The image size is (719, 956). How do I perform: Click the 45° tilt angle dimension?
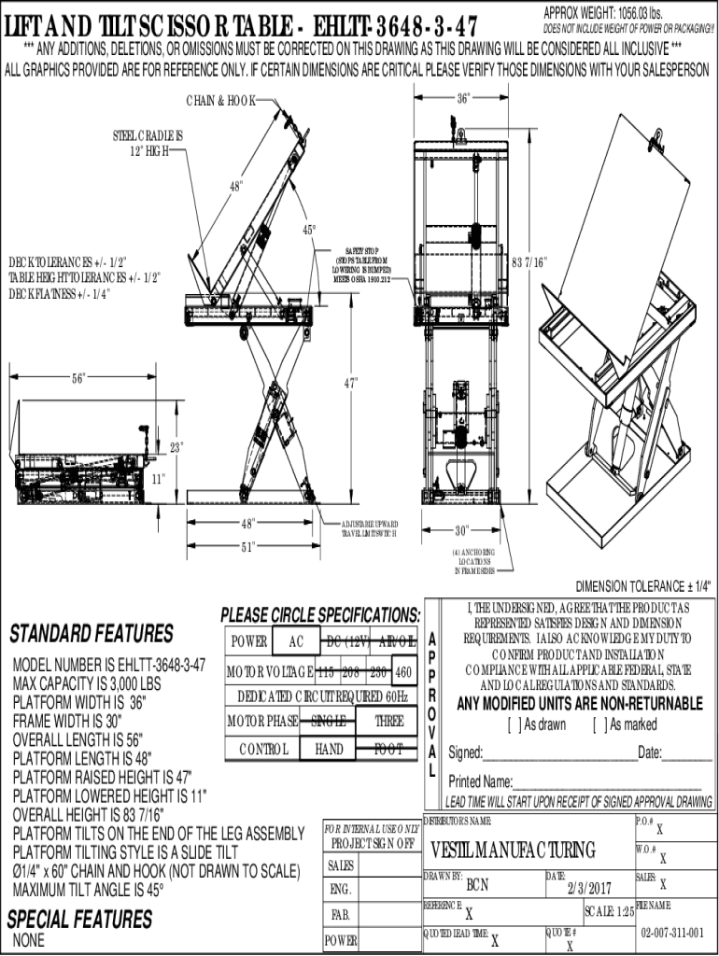pos(308,229)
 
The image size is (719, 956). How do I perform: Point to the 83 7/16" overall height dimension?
pos(529,262)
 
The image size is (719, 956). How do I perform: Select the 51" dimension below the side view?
pos(248,546)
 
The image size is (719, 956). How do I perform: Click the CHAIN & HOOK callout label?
pos(220,100)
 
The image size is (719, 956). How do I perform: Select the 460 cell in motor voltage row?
pos(403,671)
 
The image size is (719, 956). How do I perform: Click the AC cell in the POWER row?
pos(296,641)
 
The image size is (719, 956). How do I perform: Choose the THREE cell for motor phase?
pos(389,720)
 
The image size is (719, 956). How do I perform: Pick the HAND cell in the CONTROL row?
pos(330,749)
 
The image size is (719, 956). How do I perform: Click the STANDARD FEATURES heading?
pos(92,635)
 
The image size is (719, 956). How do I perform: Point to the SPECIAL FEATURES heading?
pos(79,919)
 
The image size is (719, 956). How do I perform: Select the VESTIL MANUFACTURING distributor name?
pos(513,850)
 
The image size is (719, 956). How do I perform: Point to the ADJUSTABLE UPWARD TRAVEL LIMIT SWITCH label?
pos(370,527)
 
